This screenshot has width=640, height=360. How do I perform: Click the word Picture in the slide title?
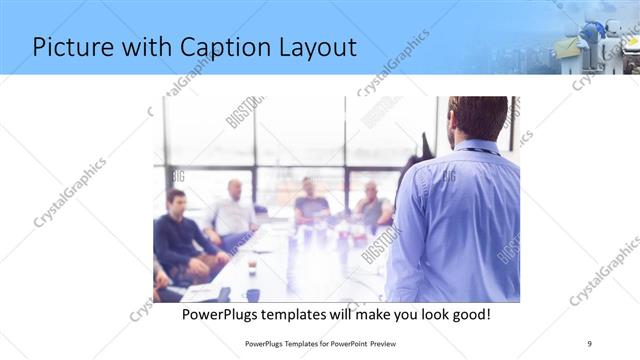coord(76,47)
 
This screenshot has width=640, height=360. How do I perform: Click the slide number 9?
coord(590,344)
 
